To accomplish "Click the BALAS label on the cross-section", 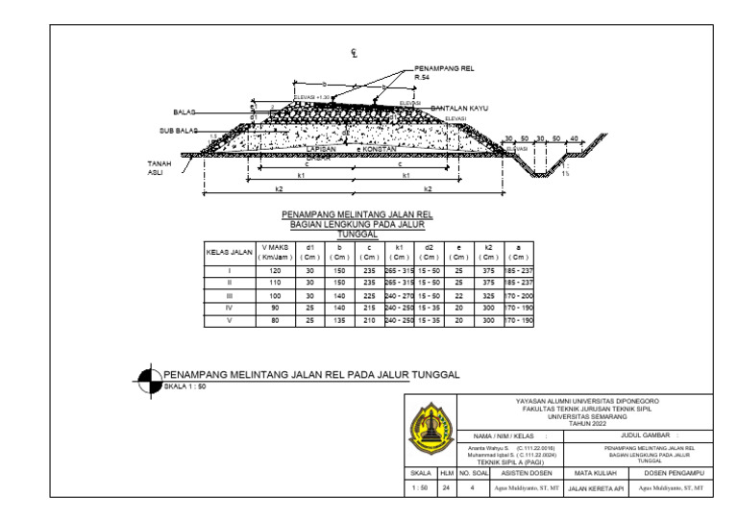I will [184, 112].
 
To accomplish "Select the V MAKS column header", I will [275, 252].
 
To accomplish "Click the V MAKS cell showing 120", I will [275, 271].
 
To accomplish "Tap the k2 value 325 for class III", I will [488, 296].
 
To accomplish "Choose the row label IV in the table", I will [230, 308].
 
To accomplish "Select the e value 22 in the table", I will [459, 296].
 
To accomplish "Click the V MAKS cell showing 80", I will [275, 320].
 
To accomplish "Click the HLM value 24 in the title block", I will [446, 488].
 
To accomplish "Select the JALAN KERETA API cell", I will [596, 489].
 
